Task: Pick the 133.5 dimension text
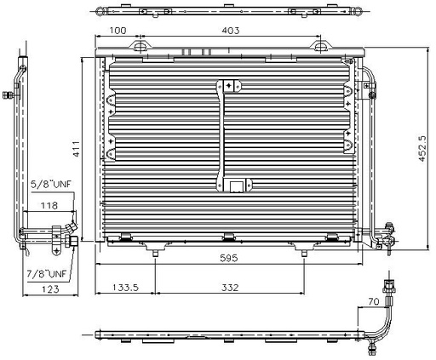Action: (126, 288)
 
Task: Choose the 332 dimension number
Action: (229, 288)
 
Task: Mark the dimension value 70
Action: (373, 300)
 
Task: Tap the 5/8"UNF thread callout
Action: (48, 183)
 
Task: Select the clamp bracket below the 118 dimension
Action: (60, 235)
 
